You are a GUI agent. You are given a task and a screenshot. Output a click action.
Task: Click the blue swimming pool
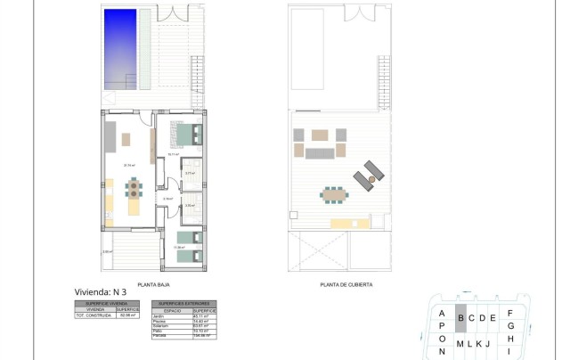point(119,48)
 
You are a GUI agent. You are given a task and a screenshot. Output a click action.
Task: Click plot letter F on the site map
point(509,313)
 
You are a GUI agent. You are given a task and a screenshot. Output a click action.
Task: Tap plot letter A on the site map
point(441,313)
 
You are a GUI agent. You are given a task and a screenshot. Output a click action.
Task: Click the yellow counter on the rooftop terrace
point(344,222)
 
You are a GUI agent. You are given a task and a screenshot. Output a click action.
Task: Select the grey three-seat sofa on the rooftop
point(319,153)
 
